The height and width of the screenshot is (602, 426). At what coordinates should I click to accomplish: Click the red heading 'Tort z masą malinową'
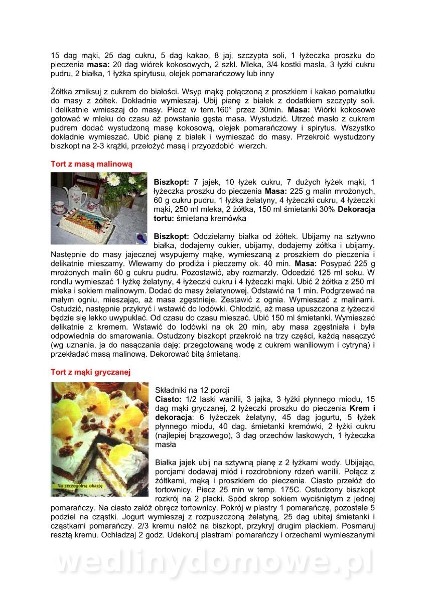click(91, 164)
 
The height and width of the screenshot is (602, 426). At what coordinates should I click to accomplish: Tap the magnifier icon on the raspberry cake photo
click(141, 238)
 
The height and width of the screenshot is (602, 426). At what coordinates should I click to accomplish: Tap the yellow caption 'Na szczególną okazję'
click(80, 486)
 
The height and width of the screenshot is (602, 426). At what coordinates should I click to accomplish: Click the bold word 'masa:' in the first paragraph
click(97, 65)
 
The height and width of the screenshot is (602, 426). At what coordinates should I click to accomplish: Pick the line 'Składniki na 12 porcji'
click(194, 390)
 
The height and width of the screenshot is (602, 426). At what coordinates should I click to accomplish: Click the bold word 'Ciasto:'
click(168, 399)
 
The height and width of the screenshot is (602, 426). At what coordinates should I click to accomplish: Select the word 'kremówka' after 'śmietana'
click(230, 219)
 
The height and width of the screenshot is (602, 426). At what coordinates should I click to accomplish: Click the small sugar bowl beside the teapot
click(93, 205)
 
